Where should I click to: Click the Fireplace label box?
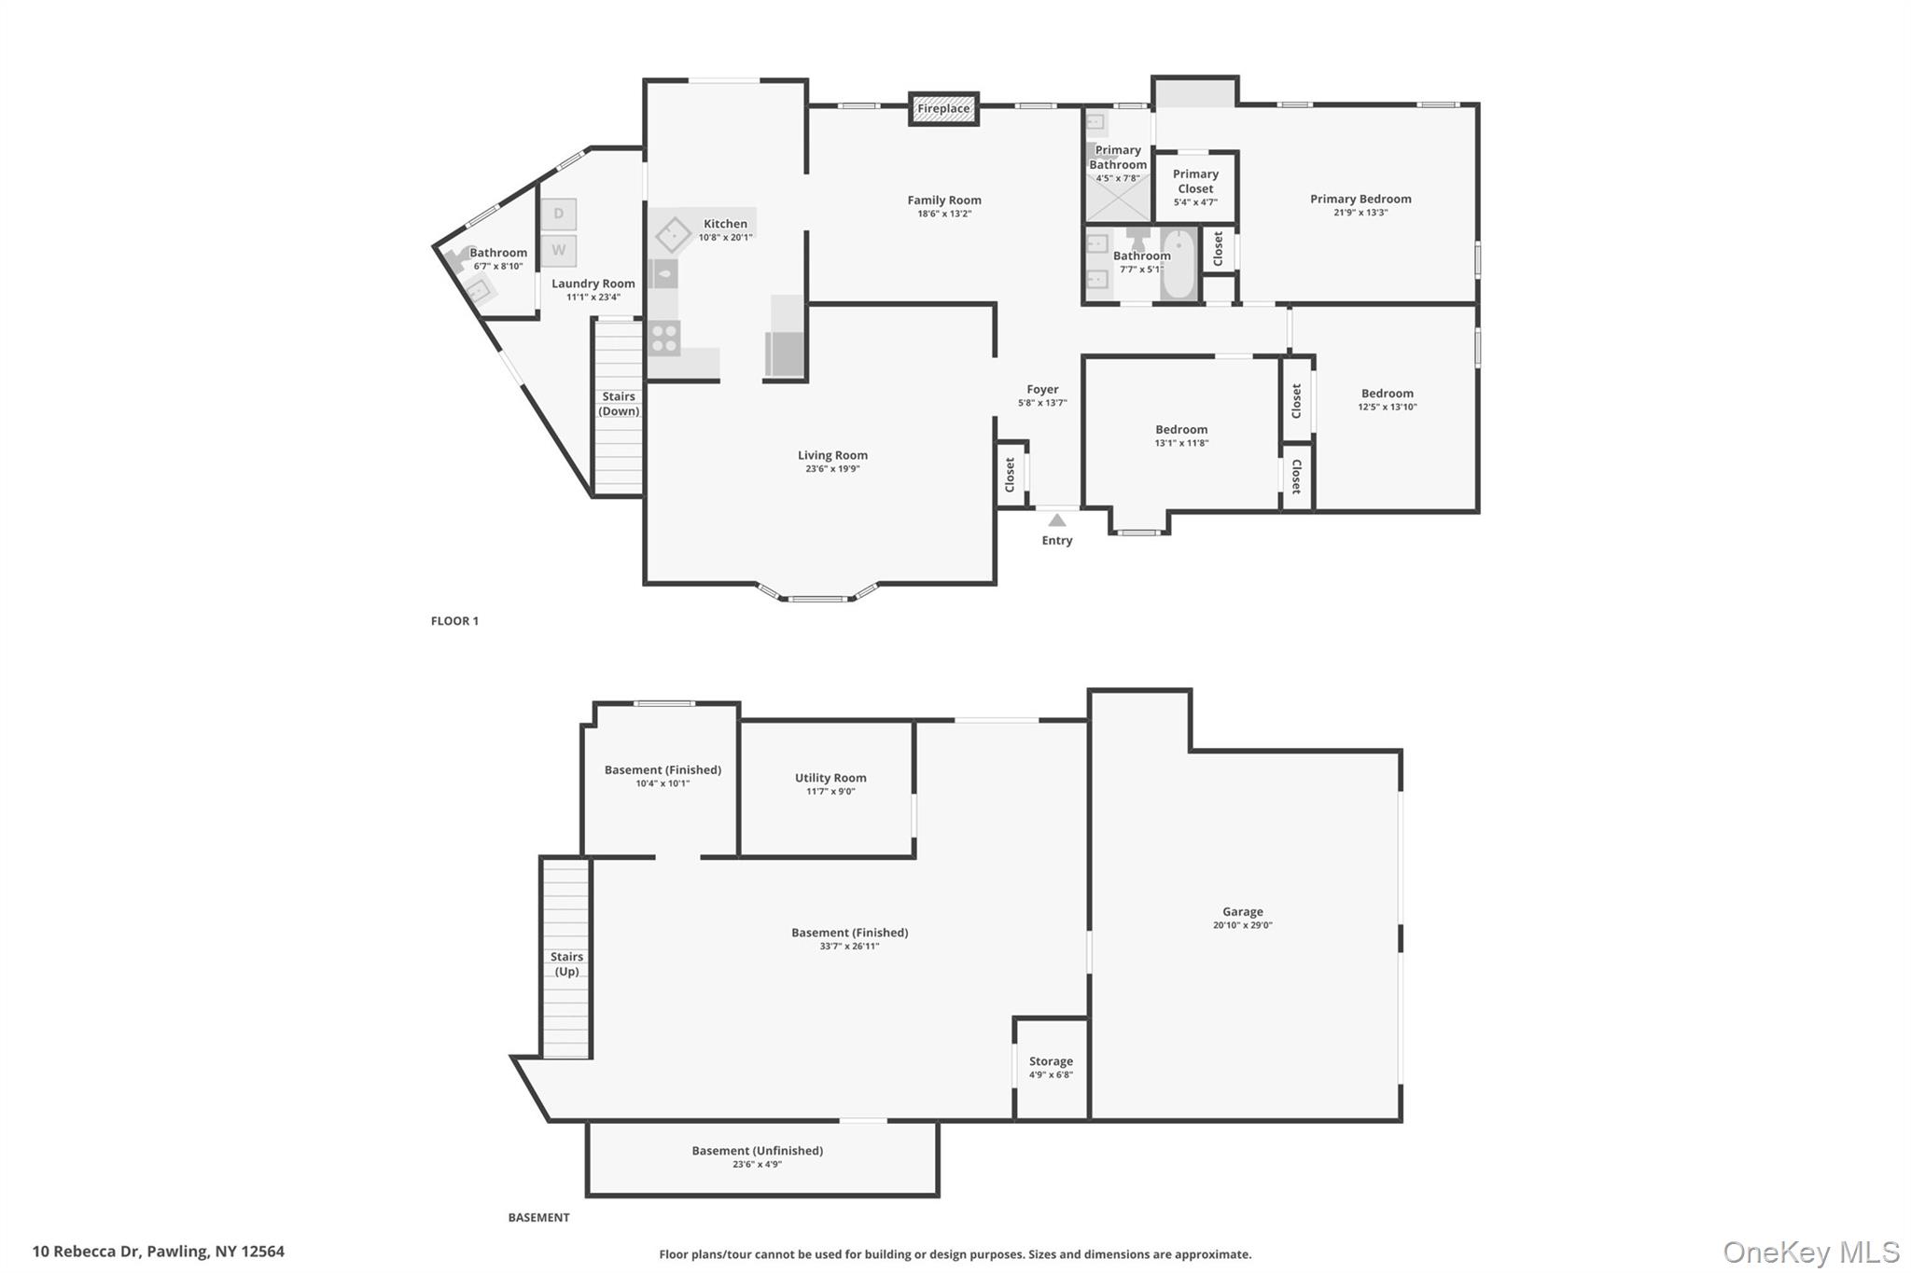(x=943, y=109)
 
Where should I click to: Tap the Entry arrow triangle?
(x=1056, y=520)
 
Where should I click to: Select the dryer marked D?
(x=559, y=214)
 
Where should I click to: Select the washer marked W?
(x=559, y=250)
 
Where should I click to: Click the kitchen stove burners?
(x=664, y=338)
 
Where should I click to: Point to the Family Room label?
(x=944, y=200)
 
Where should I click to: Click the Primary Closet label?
(x=1195, y=181)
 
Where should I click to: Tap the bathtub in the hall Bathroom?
(x=1179, y=265)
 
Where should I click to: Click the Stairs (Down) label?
(x=619, y=404)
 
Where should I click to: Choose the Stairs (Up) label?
(x=566, y=963)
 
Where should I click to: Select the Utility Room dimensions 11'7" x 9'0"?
(x=830, y=792)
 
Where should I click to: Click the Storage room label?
(x=1051, y=1061)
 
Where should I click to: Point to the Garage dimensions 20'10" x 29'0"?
(x=1242, y=926)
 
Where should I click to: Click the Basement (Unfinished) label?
(x=757, y=1151)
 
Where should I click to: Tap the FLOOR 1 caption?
(x=454, y=621)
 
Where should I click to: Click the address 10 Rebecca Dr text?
(x=158, y=1252)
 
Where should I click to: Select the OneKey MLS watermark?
(x=1810, y=1252)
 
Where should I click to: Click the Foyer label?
(x=1042, y=390)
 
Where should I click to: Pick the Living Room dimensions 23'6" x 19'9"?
(x=832, y=469)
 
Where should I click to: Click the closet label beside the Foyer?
(x=1010, y=475)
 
